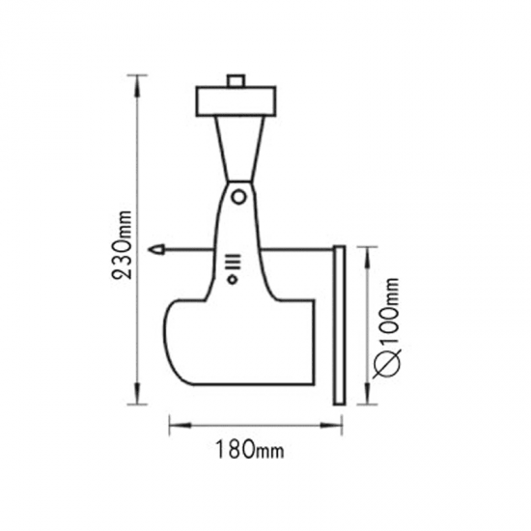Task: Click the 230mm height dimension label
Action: [122, 244]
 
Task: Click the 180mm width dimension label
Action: [250, 449]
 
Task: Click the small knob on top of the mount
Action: [236, 80]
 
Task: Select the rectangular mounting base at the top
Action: [236, 101]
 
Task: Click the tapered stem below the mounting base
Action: [240, 149]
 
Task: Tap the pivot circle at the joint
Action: [238, 197]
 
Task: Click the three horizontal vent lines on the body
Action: [235, 262]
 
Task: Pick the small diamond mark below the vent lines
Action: [233, 280]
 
